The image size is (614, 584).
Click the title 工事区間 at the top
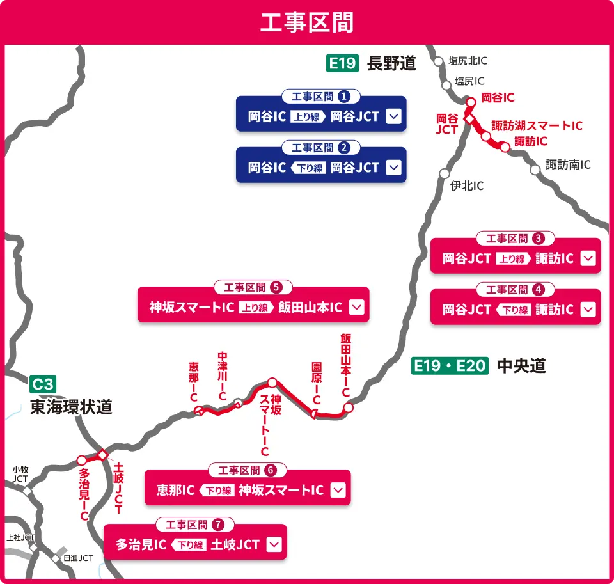point(307,22)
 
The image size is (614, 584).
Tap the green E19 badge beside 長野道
point(342,63)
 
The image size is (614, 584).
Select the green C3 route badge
point(43,384)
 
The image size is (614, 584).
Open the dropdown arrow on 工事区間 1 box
point(393,116)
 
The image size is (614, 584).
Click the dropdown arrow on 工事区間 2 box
point(393,168)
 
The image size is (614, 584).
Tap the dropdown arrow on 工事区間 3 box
point(588,258)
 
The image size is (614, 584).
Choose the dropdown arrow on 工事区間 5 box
point(357,307)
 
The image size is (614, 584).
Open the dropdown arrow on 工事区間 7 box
point(274,544)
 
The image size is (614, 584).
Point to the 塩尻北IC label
point(468,61)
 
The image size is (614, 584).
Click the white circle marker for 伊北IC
point(445,173)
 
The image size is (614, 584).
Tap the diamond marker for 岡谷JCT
point(469,120)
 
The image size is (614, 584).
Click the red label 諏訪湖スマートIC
point(537,125)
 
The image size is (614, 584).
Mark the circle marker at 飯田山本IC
point(348,407)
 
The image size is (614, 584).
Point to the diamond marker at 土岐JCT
point(102,455)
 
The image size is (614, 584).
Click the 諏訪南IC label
point(568,165)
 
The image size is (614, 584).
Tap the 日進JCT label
point(78,558)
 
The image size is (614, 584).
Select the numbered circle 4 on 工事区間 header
point(539,289)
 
